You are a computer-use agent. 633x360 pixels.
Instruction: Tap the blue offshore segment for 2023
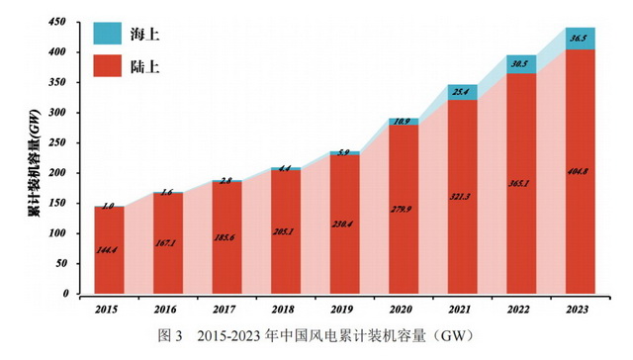click(x=581, y=39)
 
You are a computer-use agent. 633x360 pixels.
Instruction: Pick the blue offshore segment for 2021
click(x=463, y=92)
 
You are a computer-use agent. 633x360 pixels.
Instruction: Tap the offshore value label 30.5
click(x=521, y=64)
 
